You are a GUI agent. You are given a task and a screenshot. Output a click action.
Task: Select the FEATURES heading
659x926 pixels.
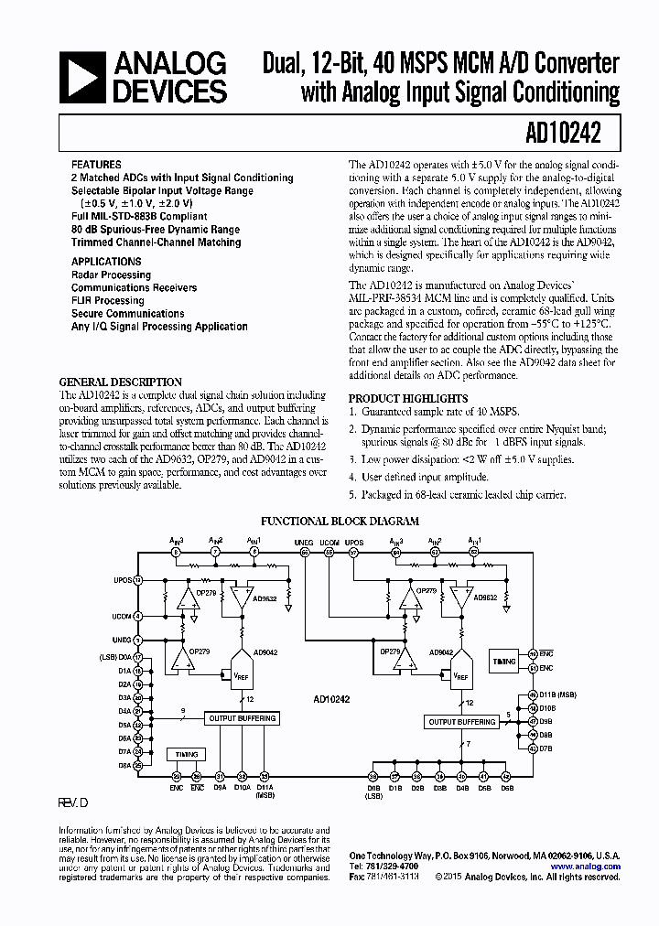click(x=96, y=165)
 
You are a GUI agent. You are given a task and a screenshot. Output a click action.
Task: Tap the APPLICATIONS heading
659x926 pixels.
click(x=106, y=262)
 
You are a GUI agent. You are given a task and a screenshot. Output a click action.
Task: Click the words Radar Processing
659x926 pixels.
click(x=111, y=275)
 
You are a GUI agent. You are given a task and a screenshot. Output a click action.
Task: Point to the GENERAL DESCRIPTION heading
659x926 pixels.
click(x=120, y=382)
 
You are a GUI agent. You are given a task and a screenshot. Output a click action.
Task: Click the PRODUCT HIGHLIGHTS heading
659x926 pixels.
click(x=408, y=399)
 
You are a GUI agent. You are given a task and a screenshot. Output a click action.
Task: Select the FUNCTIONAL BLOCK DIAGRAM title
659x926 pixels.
click(x=340, y=522)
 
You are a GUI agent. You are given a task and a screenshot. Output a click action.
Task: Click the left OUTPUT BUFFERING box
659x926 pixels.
click(x=243, y=718)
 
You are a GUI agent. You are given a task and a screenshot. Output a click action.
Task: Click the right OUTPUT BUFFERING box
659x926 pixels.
click(x=462, y=722)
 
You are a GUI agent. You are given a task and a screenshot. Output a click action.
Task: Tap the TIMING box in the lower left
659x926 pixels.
click(x=185, y=755)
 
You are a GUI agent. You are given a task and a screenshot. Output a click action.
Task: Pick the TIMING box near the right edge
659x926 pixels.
click(x=504, y=660)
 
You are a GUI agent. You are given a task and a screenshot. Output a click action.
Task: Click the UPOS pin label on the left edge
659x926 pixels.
click(x=123, y=580)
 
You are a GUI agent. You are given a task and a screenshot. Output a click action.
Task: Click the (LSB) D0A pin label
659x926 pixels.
click(x=115, y=658)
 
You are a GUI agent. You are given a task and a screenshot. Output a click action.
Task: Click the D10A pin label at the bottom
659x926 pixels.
click(x=243, y=786)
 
